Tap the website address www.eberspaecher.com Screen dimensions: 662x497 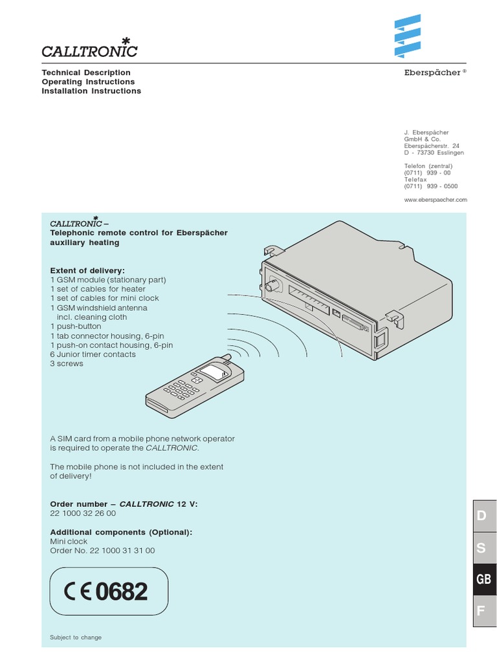click(x=435, y=200)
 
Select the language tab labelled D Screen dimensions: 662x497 click(x=481, y=517)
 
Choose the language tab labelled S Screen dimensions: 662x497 click(x=481, y=548)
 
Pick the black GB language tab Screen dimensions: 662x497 click(x=483, y=579)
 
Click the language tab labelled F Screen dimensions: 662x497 click(x=481, y=611)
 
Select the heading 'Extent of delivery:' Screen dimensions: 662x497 click(x=87, y=270)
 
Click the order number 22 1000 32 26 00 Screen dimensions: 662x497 click(x=83, y=513)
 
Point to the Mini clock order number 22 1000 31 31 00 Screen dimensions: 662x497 click(x=102, y=551)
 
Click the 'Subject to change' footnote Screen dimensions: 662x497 click(x=76, y=637)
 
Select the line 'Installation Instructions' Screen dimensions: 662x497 click(x=91, y=91)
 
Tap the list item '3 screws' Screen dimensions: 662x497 click(x=67, y=364)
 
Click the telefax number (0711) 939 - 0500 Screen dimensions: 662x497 click(x=430, y=186)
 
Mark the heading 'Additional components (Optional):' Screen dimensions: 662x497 click(x=121, y=532)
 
